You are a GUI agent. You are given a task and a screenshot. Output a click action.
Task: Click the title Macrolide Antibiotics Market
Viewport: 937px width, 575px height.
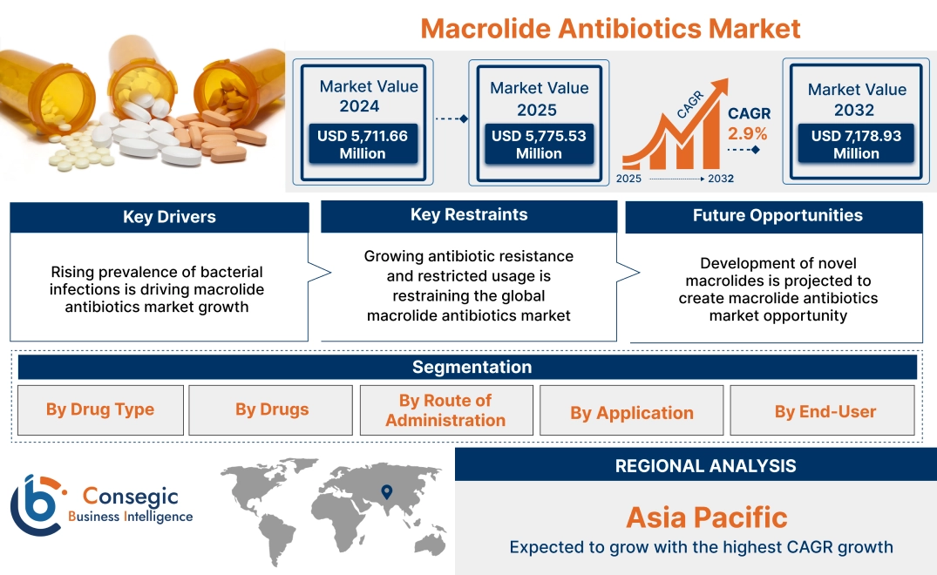point(610,28)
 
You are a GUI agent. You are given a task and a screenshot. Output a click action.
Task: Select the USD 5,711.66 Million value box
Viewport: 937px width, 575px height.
point(362,144)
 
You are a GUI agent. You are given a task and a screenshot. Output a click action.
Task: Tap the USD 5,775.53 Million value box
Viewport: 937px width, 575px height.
point(539,144)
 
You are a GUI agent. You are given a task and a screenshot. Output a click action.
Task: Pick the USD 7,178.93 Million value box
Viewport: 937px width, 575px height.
point(856,144)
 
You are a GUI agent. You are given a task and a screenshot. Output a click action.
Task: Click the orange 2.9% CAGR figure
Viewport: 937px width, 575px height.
point(748,133)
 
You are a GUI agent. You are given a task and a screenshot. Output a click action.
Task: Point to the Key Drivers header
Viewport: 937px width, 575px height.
point(169,217)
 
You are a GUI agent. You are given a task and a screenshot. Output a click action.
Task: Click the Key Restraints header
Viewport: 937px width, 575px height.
point(469,215)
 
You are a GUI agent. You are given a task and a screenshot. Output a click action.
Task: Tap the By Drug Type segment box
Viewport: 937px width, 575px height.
point(100,409)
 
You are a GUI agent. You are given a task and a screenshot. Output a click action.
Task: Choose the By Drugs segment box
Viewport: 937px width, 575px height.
point(271,409)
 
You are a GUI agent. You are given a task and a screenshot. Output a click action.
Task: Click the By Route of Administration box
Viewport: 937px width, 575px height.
point(445,410)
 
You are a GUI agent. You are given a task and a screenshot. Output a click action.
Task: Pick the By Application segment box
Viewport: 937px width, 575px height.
point(632,412)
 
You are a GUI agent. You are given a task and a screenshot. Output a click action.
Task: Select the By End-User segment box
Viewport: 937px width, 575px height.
point(825,411)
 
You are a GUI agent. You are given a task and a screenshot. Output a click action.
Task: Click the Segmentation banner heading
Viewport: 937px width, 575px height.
point(472,367)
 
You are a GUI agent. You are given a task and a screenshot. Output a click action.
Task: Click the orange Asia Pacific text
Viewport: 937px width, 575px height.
point(706,517)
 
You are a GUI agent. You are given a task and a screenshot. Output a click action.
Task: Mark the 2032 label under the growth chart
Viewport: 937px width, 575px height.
point(720,179)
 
